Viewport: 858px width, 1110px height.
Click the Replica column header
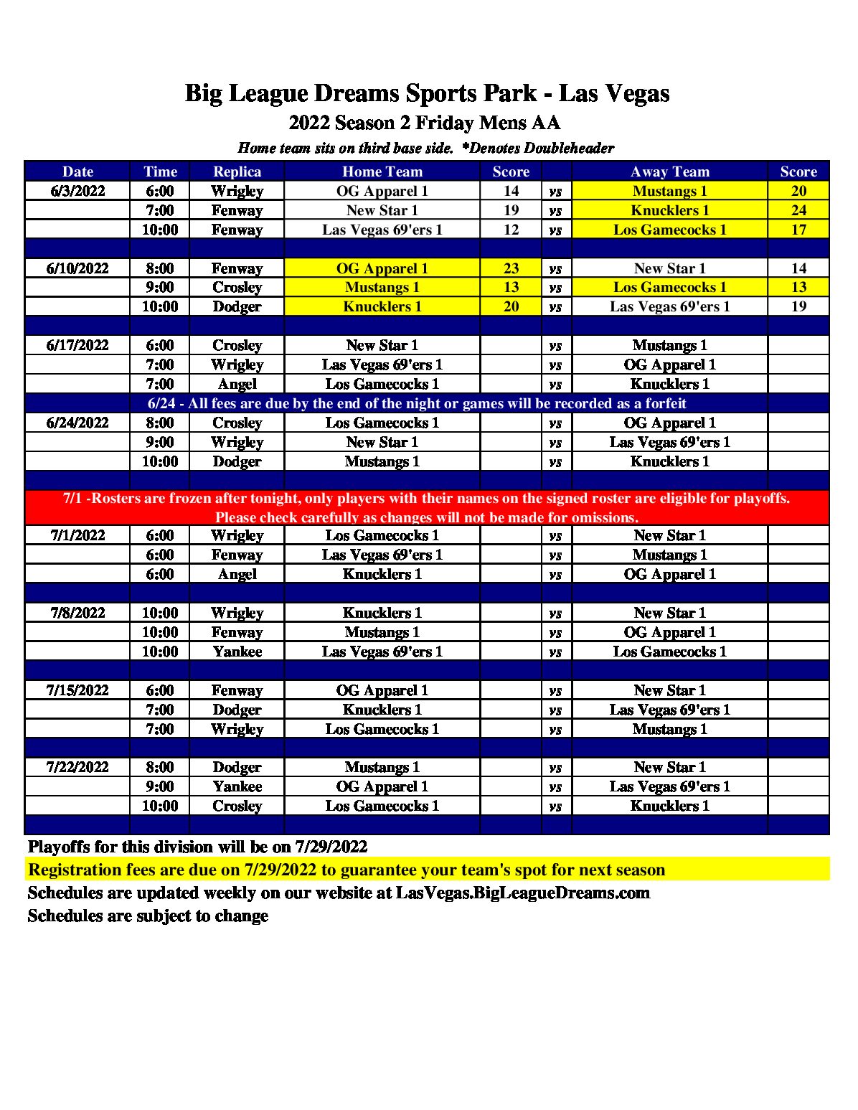tap(237, 171)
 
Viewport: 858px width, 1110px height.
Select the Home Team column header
tap(382, 171)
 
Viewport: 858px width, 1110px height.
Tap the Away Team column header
tap(669, 171)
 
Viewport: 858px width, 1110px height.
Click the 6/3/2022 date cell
tap(77, 191)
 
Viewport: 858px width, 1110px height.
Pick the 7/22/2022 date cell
tap(77, 767)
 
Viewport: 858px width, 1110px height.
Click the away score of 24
tap(798, 210)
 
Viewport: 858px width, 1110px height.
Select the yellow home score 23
tap(511, 268)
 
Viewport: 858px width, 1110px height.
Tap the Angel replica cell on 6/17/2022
tap(237, 384)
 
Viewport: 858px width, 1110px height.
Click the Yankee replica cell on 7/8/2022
tap(237, 652)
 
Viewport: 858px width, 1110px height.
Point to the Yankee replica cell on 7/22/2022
tap(237, 786)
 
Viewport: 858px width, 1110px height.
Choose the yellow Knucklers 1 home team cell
tap(382, 306)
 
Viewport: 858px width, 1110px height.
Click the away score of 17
tap(798, 230)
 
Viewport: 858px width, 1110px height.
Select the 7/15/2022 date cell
tap(77, 690)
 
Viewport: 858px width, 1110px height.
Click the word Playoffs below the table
tap(59, 847)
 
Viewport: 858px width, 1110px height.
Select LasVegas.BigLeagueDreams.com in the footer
tap(522, 893)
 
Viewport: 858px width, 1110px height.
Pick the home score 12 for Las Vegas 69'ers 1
tap(511, 230)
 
